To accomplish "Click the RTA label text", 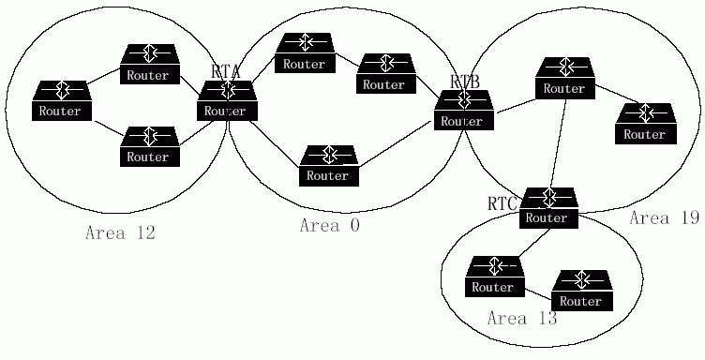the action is pyautogui.click(x=225, y=71).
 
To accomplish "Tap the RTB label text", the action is pyautogui.click(x=465, y=82).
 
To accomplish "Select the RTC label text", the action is pyautogui.click(x=502, y=203).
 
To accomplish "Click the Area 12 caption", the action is pyautogui.click(x=120, y=232).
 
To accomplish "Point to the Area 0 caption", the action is pyautogui.click(x=330, y=225).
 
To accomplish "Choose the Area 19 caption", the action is pyautogui.click(x=664, y=218).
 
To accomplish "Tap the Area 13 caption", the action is pyautogui.click(x=522, y=318).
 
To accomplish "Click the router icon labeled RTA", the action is pyautogui.click(x=227, y=100).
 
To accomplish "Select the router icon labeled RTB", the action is pyautogui.click(x=463, y=110).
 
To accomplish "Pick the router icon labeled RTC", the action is pyautogui.click(x=548, y=207).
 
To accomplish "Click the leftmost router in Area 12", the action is pyautogui.click(x=62, y=100).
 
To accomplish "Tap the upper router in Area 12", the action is pyautogui.click(x=150, y=64).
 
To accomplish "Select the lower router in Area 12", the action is pyautogui.click(x=150, y=146).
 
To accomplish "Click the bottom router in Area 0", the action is pyautogui.click(x=329, y=165).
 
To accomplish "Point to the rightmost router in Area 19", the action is pyautogui.click(x=646, y=124).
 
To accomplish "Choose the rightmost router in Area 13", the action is pyautogui.click(x=582, y=291).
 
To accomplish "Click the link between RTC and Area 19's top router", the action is pyautogui.click(x=558, y=143).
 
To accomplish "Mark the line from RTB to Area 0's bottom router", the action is pyautogui.click(x=397, y=143).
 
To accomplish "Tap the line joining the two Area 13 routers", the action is pyautogui.click(x=538, y=293).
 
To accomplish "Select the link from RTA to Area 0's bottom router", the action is pyautogui.click(x=275, y=143).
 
